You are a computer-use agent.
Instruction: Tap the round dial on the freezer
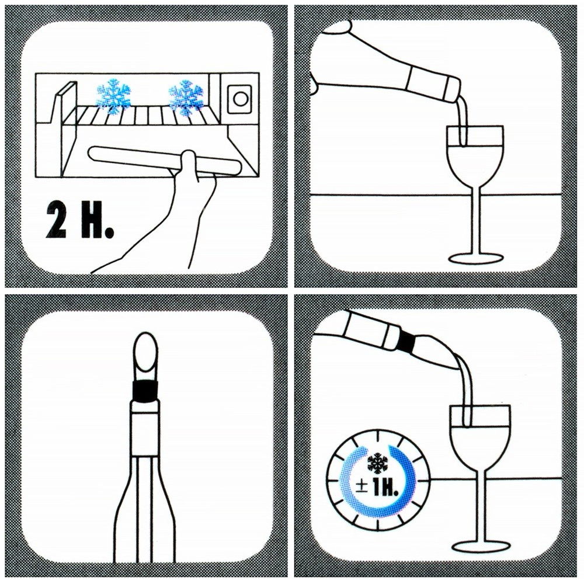tap(240, 99)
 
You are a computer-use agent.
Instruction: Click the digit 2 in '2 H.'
tap(57, 221)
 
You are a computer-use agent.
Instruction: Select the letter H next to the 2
tap(91, 221)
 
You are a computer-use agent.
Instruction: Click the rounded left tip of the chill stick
tap(92, 153)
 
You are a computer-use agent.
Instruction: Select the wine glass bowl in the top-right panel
tap(475, 156)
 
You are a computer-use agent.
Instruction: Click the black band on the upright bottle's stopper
tap(145, 391)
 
